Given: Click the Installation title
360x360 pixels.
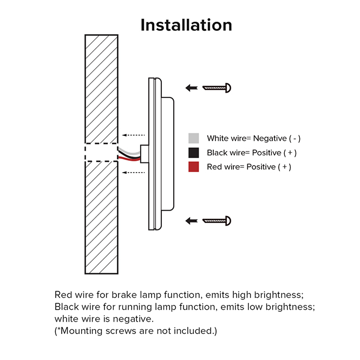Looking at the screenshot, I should point(186,25).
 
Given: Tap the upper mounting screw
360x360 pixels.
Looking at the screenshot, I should point(217,87).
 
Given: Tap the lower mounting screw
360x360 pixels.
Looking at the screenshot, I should point(217,220).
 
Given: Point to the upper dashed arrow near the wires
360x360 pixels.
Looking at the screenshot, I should point(133,134).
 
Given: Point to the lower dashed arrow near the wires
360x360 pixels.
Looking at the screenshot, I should point(133,172).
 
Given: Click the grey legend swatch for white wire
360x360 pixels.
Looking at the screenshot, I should point(194,139).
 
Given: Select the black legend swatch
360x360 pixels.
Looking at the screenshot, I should point(194,153).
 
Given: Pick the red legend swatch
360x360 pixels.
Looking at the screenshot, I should point(194,167).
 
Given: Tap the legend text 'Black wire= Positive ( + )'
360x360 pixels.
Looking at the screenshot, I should point(252,153).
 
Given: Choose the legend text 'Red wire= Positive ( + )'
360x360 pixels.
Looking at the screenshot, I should point(249,167).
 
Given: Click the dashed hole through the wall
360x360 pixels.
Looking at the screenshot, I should point(101,153).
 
